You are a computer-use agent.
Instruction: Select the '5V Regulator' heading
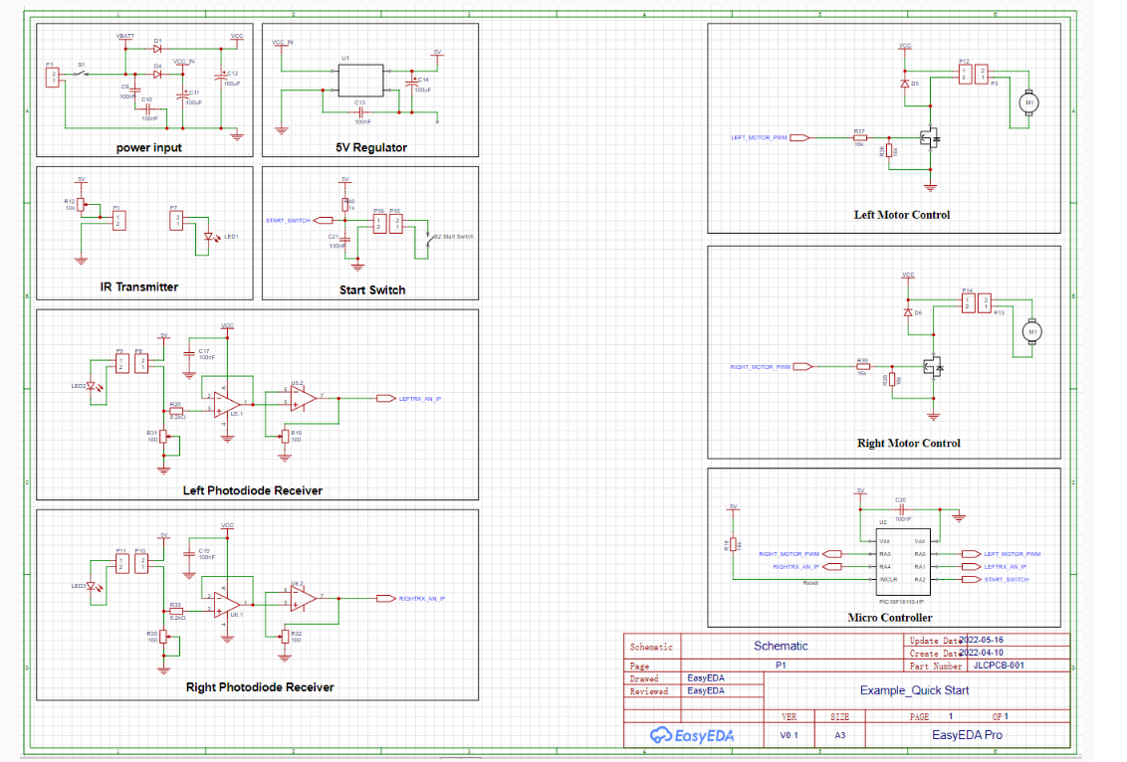click(x=371, y=148)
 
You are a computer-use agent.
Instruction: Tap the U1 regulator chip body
click(x=360, y=80)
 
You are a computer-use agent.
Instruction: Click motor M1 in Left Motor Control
click(x=1029, y=102)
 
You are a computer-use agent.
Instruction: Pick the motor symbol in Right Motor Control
click(x=1032, y=331)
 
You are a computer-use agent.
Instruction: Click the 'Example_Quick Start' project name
click(x=914, y=690)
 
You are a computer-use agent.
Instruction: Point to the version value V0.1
click(x=789, y=735)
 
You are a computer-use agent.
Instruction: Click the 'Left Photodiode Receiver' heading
click(x=253, y=490)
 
